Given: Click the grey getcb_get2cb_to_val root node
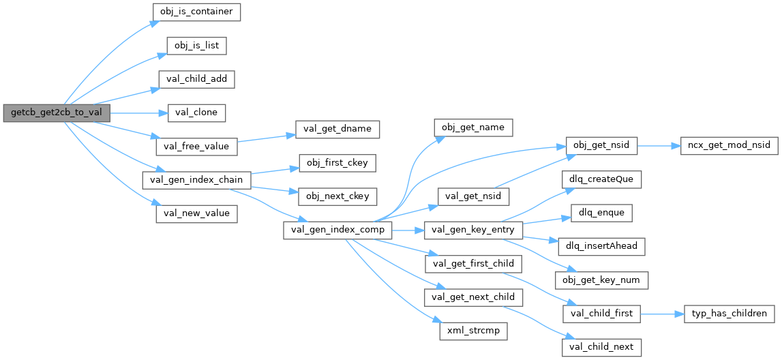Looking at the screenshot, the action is tap(57, 113).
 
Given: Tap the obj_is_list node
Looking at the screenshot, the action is tap(196, 46).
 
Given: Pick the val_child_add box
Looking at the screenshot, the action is tap(196, 80).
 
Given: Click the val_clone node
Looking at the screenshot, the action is tap(196, 113).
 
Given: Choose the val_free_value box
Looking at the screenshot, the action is tap(196, 147).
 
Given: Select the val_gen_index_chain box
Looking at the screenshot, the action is tap(196, 180).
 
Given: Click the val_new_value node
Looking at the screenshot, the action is tap(196, 213).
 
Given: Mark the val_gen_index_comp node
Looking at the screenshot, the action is tap(337, 230).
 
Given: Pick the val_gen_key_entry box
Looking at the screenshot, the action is tap(473, 230).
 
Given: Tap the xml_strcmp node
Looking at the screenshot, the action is tap(473, 331).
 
